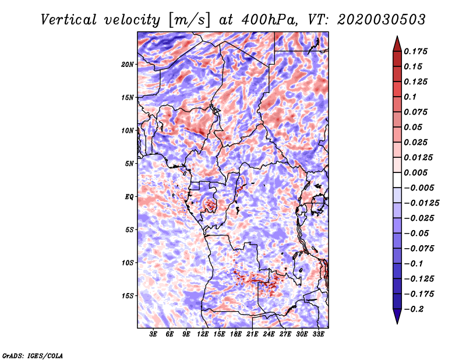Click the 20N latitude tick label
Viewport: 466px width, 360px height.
128,65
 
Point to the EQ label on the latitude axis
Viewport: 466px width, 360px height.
129,197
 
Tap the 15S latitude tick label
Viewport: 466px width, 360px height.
128,296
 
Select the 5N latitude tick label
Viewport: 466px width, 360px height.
129,164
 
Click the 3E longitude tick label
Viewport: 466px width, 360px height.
153,334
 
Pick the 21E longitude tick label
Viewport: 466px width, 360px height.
252,334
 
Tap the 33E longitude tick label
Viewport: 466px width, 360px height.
318,334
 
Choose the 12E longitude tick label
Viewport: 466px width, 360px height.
203,334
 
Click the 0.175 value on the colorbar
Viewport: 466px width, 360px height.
415,51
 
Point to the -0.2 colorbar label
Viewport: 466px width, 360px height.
414,309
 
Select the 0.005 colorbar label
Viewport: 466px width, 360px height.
415,172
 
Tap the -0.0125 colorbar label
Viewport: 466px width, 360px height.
421,203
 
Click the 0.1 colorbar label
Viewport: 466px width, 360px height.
410,97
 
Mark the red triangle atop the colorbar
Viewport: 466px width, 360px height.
397,44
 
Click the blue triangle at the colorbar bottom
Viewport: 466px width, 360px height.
397,316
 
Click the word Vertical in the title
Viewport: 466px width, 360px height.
69,20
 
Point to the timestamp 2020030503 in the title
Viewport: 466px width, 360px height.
382,20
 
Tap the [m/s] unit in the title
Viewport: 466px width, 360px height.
189,20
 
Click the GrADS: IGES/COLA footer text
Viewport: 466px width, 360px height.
33,355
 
